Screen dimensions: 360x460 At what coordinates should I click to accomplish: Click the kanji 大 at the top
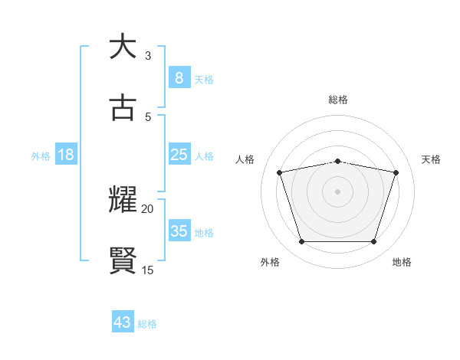point(123,47)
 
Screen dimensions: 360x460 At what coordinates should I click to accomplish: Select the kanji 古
point(123,108)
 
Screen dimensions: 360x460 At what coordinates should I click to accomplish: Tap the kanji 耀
point(123,200)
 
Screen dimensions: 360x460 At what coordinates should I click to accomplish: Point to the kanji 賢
point(123,261)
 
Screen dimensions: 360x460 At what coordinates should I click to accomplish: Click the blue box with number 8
point(179,77)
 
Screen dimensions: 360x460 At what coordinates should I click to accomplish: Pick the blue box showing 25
point(179,155)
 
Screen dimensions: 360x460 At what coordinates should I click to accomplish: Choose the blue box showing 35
point(179,231)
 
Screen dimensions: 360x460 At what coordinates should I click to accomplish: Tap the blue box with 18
point(66,155)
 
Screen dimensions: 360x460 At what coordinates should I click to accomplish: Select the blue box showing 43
point(123,322)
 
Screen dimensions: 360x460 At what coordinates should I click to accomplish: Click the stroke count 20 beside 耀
point(148,208)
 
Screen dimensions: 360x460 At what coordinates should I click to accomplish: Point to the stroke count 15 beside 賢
point(148,270)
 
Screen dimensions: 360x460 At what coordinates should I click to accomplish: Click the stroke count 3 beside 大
point(148,55)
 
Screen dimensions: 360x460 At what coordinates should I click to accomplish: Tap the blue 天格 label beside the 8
point(204,79)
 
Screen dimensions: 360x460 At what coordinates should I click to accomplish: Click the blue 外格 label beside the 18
point(41,156)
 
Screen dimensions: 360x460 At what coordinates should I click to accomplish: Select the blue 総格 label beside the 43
point(147,324)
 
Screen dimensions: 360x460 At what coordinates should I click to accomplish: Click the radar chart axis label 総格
point(338,100)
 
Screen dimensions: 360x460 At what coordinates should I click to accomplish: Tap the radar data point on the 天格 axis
point(396,172)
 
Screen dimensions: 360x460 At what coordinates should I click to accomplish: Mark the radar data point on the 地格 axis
point(373,242)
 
